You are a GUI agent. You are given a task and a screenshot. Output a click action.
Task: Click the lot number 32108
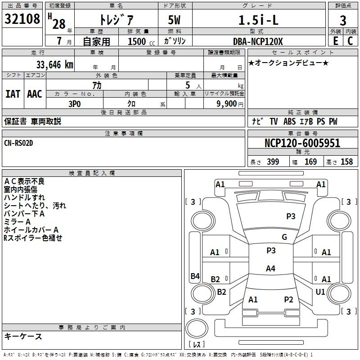tap(22, 19)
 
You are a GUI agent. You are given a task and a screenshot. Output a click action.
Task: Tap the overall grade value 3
tap(343, 21)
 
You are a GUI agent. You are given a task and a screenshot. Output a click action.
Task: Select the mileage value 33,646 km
tap(55, 65)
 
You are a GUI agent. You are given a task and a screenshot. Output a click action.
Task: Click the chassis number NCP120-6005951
tap(302, 143)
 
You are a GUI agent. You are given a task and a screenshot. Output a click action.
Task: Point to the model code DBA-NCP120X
tap(258, 41)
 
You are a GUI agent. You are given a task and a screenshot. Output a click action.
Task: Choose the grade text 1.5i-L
tap(258, 20)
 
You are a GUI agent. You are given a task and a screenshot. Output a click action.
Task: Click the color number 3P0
tap(75, 104)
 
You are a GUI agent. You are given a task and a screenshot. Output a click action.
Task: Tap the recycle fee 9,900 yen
tap(230, 104)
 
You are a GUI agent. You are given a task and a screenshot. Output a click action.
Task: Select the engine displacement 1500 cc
tap(141, 41)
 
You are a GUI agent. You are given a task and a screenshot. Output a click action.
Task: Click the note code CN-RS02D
tap(18, 143)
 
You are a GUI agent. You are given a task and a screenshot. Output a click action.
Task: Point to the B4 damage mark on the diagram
tap(195, 276)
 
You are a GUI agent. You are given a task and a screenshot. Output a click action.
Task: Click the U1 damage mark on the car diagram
tap(320, 292)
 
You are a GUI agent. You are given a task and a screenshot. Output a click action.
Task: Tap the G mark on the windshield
tap(284, 237)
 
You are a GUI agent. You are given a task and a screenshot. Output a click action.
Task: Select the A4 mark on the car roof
tap(270, 268)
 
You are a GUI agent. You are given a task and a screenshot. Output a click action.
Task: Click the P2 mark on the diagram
tap(288, 299)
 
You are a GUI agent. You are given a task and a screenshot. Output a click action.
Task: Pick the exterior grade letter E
tap(335, 41)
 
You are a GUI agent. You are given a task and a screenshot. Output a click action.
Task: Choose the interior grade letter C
tap(350, 41)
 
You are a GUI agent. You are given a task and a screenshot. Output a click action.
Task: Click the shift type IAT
tap(13, 94)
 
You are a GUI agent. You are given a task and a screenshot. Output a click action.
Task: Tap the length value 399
tap(273, 162)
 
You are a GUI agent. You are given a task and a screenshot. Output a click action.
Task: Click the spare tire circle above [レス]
tap(197, 328)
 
